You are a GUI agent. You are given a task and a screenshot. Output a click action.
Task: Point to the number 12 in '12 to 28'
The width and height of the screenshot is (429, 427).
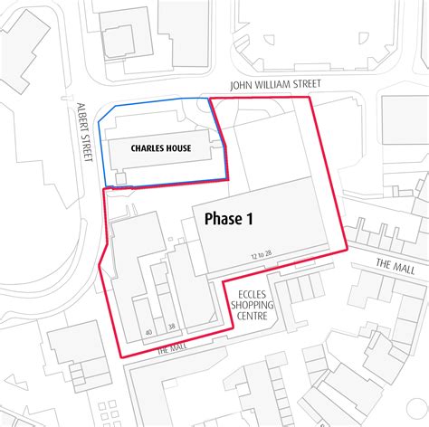tap(256, 256)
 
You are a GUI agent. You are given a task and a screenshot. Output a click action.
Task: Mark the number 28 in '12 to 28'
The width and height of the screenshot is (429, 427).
tap(270, 256)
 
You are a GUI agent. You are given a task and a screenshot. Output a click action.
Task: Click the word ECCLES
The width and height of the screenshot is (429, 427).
tap(250, 295)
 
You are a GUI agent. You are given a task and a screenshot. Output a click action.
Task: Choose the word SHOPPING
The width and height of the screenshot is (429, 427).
tap(250, 306)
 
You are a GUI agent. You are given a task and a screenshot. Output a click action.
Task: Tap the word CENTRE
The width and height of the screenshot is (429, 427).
tap(250, 317)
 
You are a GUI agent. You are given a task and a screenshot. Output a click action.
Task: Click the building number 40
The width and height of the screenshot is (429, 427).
tap(148, 332)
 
